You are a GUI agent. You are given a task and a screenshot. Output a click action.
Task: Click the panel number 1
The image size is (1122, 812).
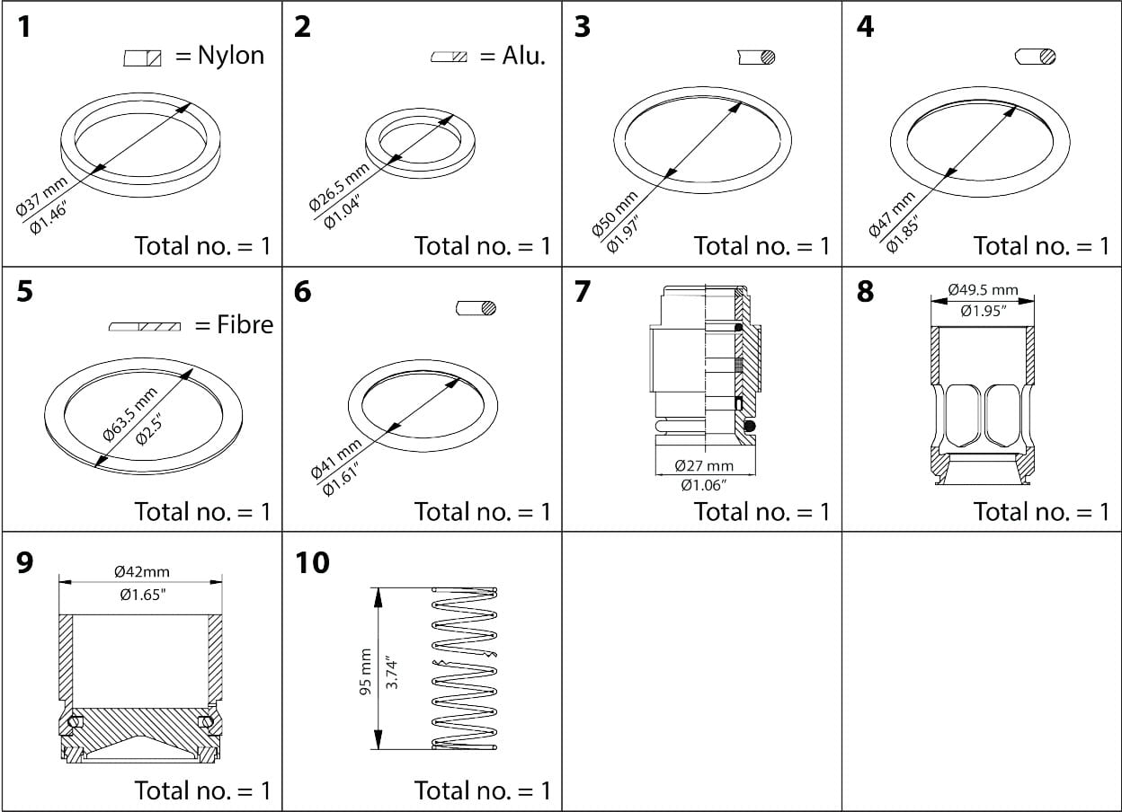tap(24, 27)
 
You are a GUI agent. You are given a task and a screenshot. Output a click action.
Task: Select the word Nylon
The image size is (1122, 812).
tap(231, 57)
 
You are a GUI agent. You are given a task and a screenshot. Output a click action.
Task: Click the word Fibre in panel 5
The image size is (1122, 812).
tap(245, 324)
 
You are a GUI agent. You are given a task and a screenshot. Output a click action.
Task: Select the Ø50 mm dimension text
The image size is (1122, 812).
tap(615, 214)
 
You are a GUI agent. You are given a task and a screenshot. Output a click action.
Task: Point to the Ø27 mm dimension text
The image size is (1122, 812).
tap(704, 465)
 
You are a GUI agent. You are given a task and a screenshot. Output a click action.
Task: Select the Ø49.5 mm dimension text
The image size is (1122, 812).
tap(983, 290)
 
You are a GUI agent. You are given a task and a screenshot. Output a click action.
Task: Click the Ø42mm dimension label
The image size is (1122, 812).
tap(141, 571)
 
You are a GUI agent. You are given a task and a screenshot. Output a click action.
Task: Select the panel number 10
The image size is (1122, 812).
tap(312, 562)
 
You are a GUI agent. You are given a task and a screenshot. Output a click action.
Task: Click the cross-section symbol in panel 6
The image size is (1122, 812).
tap(476, 308)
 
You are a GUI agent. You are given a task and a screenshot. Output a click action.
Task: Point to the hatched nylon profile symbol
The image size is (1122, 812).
tap(142, 58)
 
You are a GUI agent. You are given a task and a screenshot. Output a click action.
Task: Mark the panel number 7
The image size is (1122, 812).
tap(582, 293)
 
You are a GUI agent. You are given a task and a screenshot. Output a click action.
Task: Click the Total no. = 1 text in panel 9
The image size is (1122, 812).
tap(201, 790)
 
